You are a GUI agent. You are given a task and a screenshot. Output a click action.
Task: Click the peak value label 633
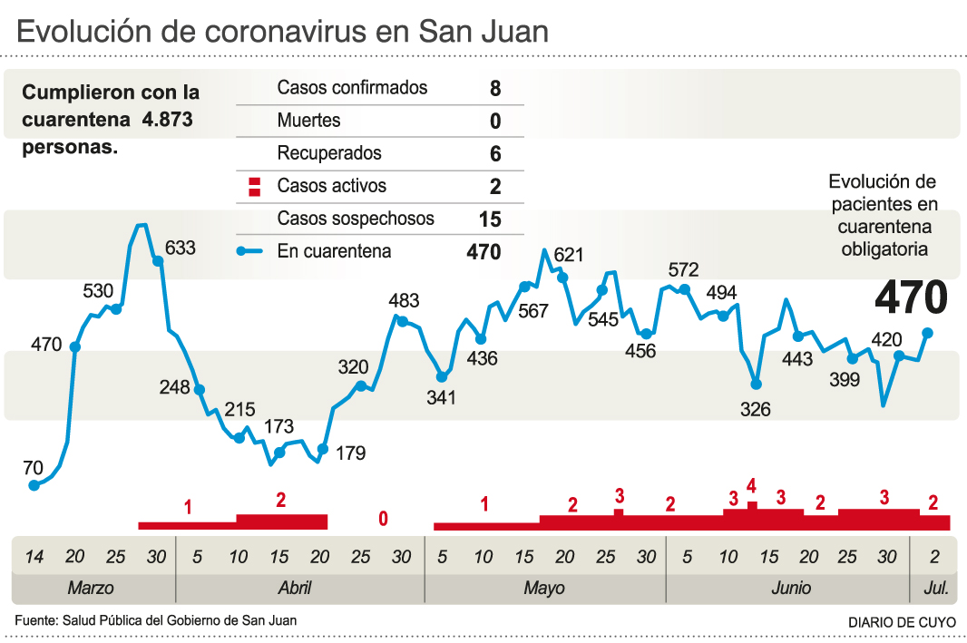[181, 248]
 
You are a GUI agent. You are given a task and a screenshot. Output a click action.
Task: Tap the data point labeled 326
[756, 385]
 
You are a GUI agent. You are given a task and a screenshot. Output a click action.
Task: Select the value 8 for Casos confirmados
[494, 89]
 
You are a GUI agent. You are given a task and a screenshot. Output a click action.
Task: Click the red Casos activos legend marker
[255, 187]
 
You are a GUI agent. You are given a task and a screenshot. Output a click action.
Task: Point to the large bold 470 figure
[911, 297]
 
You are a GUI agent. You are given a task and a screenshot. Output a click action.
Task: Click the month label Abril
[295, 588]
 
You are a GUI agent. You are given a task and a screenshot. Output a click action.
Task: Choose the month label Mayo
[544, 588]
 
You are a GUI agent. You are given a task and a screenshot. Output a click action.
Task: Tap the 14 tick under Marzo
[34, 556]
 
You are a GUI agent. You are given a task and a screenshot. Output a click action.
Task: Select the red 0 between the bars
[383, 519]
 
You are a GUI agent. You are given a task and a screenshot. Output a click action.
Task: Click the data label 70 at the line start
[33, 468]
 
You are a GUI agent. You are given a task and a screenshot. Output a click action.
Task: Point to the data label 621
[569, 255]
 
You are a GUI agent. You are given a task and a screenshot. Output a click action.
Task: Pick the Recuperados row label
[329, 153]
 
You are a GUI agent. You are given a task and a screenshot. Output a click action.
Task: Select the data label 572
[683, 269]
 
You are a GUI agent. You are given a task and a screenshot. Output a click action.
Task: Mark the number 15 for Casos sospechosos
[490, 219]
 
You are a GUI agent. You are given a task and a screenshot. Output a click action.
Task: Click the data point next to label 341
[442, 376]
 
